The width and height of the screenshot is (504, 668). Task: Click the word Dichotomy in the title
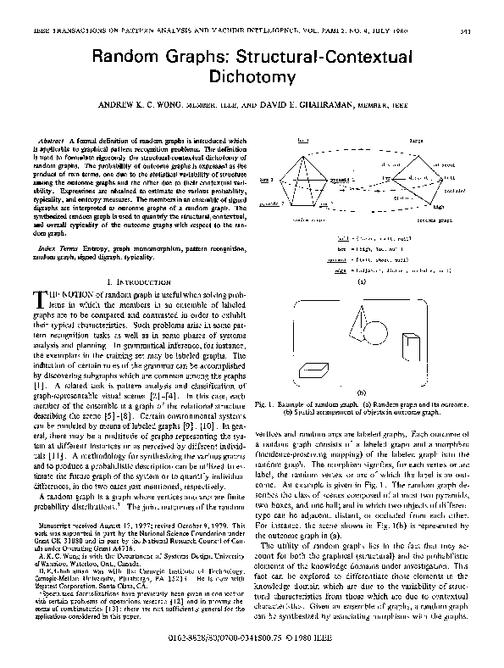tap(252, 76)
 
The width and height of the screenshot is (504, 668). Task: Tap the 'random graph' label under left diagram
tap(312, 217)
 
